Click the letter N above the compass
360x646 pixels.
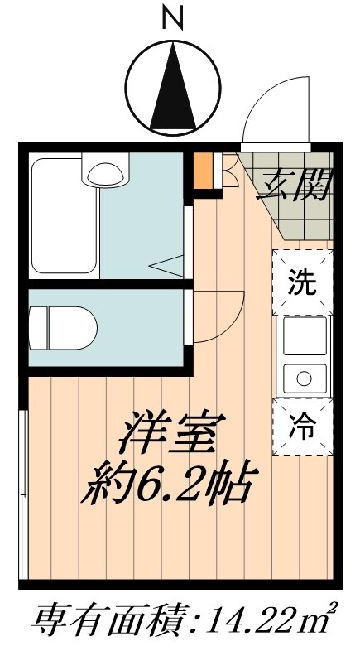click(x=173, y=17)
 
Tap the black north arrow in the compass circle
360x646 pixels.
click(x=173, y=86)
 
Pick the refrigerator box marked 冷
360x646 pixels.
click(x=302, y=427)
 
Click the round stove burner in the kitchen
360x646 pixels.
click(x=302, y=379)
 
